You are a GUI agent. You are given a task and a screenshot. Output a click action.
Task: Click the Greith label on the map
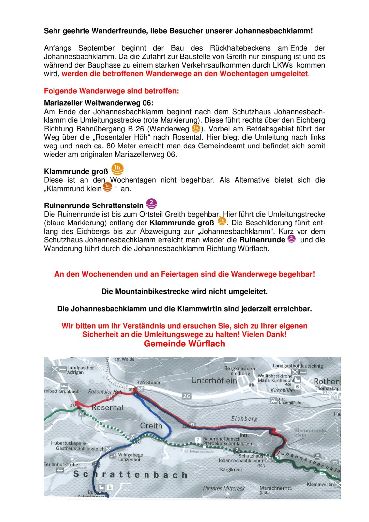(x=151, y=425)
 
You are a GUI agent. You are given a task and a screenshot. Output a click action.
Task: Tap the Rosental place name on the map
(x=107, y=407)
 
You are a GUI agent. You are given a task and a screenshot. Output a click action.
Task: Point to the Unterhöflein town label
(x=214, y=380)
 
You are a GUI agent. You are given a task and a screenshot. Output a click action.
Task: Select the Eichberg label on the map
(x=244, y=418)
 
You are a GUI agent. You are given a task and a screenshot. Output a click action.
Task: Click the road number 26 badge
(x=186, y=396)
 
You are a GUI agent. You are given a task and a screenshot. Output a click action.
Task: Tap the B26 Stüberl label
(x=149, y=382)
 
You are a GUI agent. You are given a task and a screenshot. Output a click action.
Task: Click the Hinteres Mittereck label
(x=224, y=488)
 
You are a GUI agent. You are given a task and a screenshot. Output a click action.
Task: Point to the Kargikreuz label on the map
(x=231, y=470)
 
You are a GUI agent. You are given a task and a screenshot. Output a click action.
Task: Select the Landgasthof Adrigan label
(x=80, y=370)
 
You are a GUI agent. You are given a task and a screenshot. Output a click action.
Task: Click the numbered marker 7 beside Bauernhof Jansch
(x=198, y=440)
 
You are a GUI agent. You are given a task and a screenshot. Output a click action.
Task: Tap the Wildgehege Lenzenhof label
(x=130, y=457)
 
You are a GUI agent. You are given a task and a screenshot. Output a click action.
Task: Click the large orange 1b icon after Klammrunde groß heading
(x=117, y=169)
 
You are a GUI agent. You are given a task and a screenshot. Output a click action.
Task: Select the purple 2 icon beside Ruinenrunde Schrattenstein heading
(x=151, y=204)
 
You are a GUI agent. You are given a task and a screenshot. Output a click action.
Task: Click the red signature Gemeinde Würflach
(x=184, y=344)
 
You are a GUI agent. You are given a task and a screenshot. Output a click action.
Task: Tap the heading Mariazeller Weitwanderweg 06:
(x=99, y=103)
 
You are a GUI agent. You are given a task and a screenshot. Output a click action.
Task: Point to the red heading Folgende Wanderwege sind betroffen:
(x=111, y=91)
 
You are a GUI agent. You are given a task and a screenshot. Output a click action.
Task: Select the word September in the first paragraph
(x=96, y=48)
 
